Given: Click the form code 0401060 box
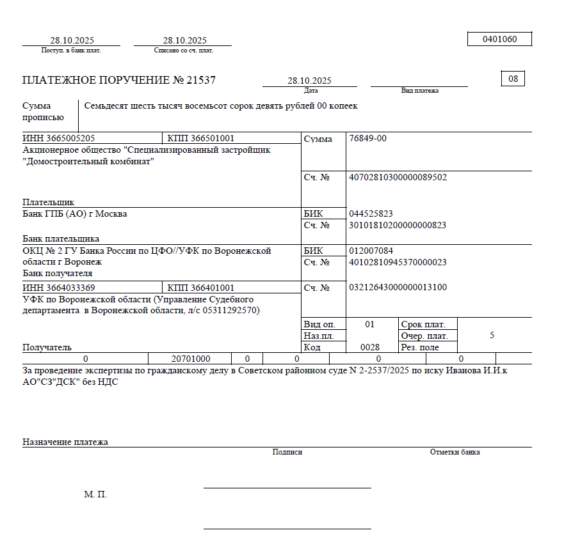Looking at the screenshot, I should pos(499,39).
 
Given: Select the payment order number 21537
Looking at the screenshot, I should pos(201,81).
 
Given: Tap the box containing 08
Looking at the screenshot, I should pos(513,79).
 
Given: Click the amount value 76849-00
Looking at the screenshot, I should pos(367,138).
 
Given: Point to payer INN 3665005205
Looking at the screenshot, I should pos(59,138).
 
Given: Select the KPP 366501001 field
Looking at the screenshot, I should pos(200,138).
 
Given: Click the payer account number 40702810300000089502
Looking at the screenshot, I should pos(398,177).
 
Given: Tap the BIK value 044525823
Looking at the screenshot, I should pos(371,214).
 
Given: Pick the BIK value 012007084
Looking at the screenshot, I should pos(371,251).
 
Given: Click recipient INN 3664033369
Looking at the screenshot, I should pos(59,288).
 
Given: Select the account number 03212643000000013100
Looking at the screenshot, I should pos(398,288).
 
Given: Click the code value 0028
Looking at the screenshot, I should pos(369,347).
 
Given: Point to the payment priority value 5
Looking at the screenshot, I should pos(492,335).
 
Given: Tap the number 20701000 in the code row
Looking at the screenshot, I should pos(191,359).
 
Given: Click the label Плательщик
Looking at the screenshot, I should pos(49,202).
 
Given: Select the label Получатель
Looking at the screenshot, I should pos(47,347).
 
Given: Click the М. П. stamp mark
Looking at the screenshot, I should pos(95,495).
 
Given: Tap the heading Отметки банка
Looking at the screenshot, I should pos(455,452).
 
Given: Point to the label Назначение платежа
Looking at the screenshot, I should pos(65,442).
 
